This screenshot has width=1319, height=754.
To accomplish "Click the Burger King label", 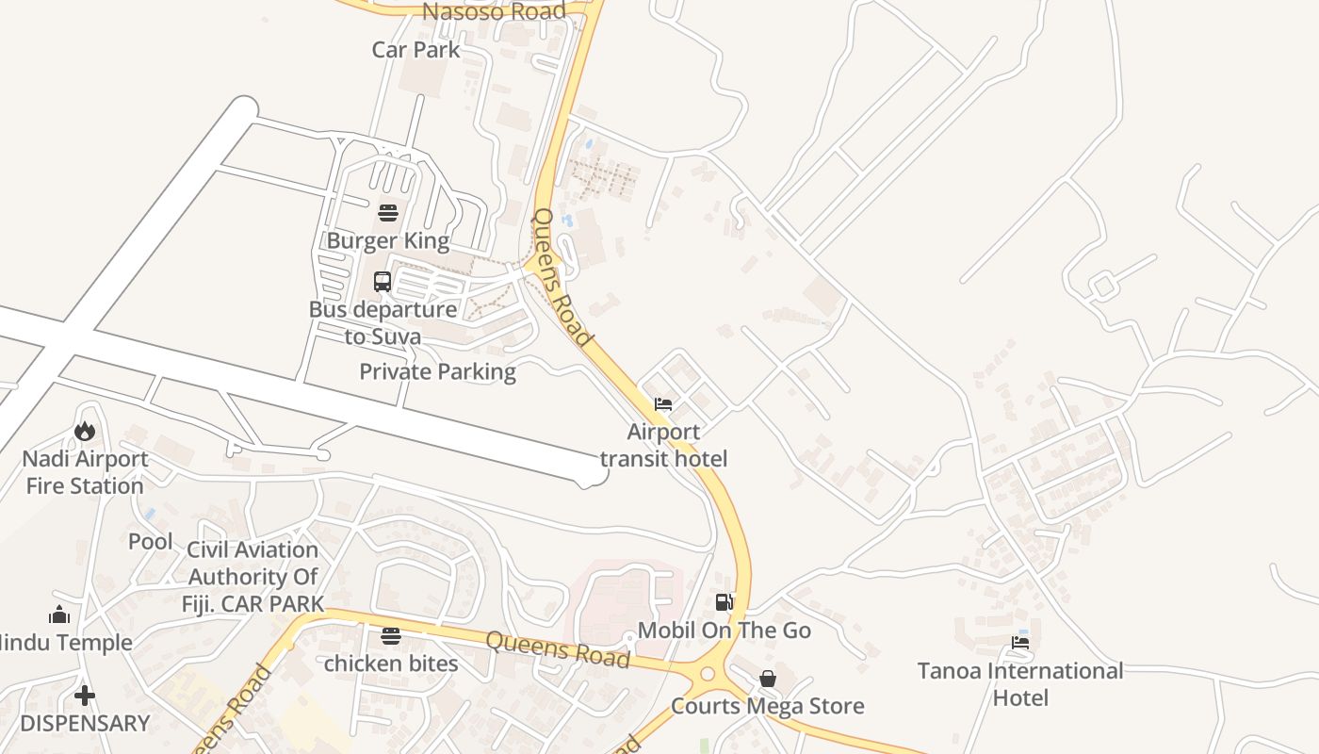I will [387, 240].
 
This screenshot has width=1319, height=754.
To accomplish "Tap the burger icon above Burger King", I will [387, 212].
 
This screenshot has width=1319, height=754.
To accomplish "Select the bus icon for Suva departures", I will [383, 281].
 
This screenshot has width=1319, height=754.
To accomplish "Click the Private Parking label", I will [437, 371].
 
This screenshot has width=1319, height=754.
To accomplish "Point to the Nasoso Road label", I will [494, 11].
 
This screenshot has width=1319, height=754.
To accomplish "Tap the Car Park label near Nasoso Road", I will [415, 49].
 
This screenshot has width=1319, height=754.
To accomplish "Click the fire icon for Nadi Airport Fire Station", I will [85, 431].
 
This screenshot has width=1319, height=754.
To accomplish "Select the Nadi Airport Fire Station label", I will [85, 472].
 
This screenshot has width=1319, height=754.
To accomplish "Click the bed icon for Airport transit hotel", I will [663, 404].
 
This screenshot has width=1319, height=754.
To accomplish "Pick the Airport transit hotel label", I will [663, 446].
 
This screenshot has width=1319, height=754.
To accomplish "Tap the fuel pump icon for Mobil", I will [724, 602].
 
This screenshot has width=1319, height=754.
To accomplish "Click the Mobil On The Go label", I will [724, 630].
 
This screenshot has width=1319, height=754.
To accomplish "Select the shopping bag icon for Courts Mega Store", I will [768, 679].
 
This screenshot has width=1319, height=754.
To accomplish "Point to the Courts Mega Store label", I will [767, 706].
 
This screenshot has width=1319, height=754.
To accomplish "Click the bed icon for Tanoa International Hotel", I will [1020, 644].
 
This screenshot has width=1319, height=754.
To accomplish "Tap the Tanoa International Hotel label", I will [1020, 684].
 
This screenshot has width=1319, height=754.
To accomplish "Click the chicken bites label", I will [391, 664].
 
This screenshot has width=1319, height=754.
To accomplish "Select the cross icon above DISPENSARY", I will [85, 696].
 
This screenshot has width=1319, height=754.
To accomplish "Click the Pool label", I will [151, 542].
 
